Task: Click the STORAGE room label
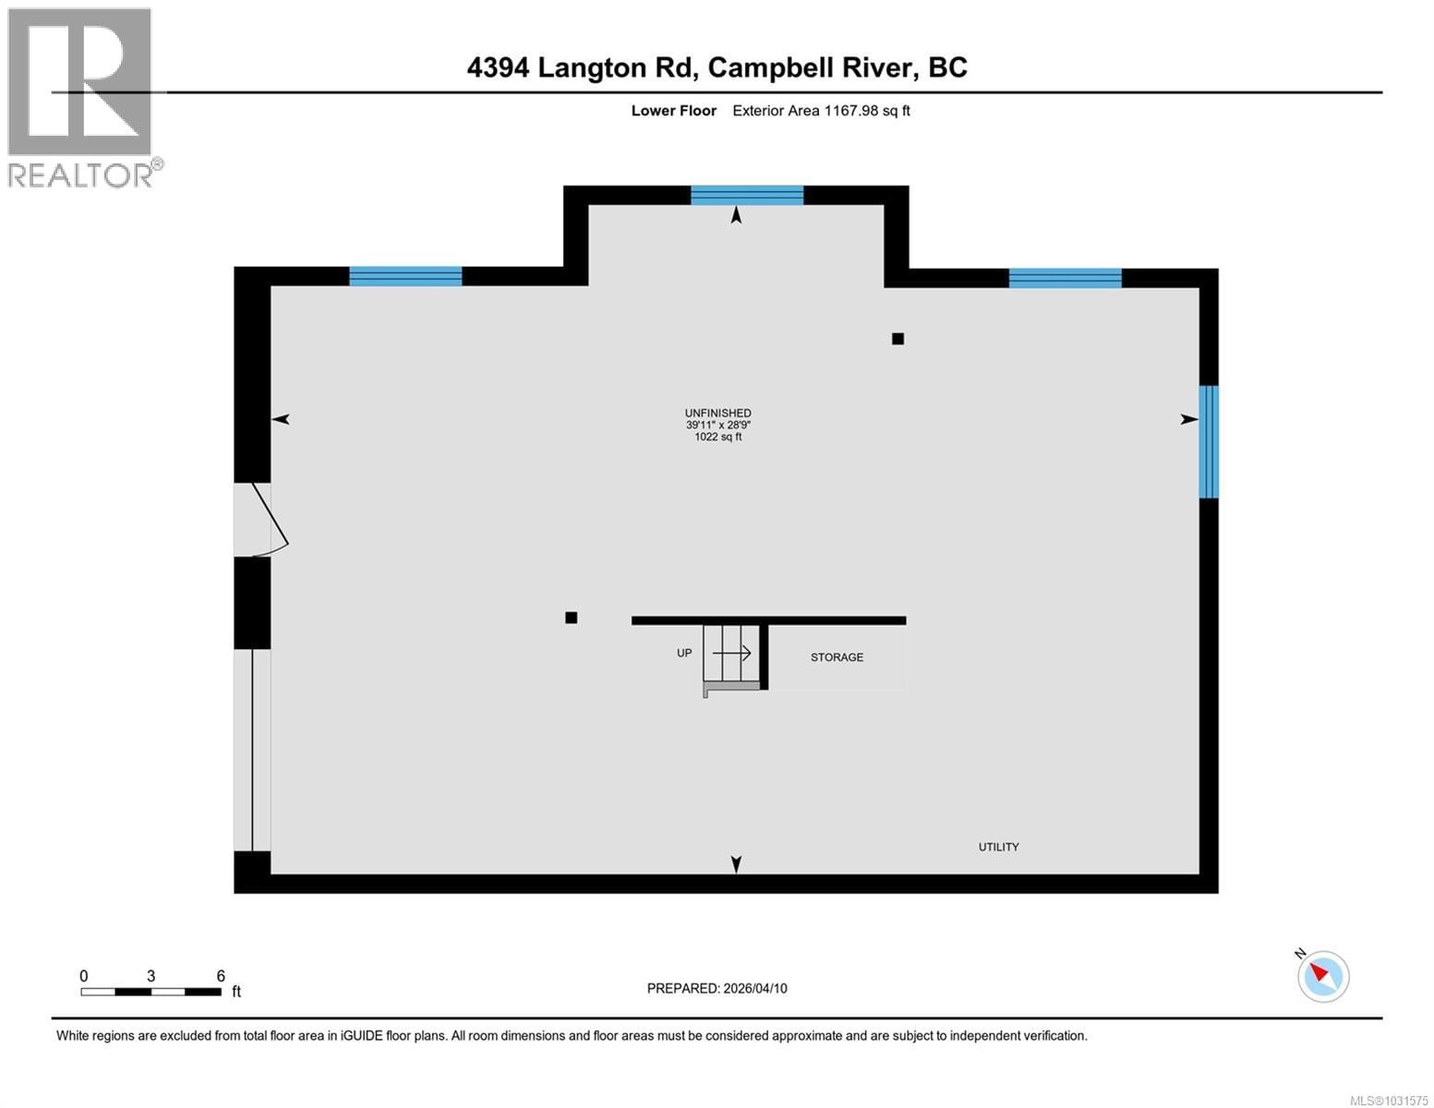(837, 657)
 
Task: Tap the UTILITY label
(998, 847)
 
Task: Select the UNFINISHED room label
(717, 413)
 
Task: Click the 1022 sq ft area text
(717, 437)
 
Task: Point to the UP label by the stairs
(684, 653)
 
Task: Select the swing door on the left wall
(259, 520)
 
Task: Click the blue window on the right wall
(1208, 441)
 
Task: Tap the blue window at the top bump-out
(747, 195)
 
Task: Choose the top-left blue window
(405, 276)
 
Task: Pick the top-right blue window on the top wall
(1065, 278)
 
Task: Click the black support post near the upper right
(898, 339)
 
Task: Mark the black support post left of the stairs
(572, 618)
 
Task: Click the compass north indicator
(1323, 975)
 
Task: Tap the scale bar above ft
(151, 992)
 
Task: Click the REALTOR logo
(81, 97)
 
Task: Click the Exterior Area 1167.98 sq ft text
(821, 111)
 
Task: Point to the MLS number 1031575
(1389, 1100)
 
